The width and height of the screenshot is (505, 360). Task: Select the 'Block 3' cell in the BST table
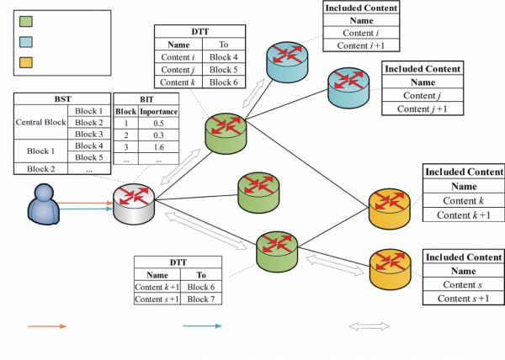click(x=89, y=134)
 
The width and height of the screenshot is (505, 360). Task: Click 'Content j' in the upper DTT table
click(x=177, y=71)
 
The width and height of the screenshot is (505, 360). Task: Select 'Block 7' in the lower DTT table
click(x=201, y=299)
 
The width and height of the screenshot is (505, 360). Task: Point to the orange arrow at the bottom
click(x=46, y=326)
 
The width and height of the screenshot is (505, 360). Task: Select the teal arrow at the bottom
click(x=202, y=326)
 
